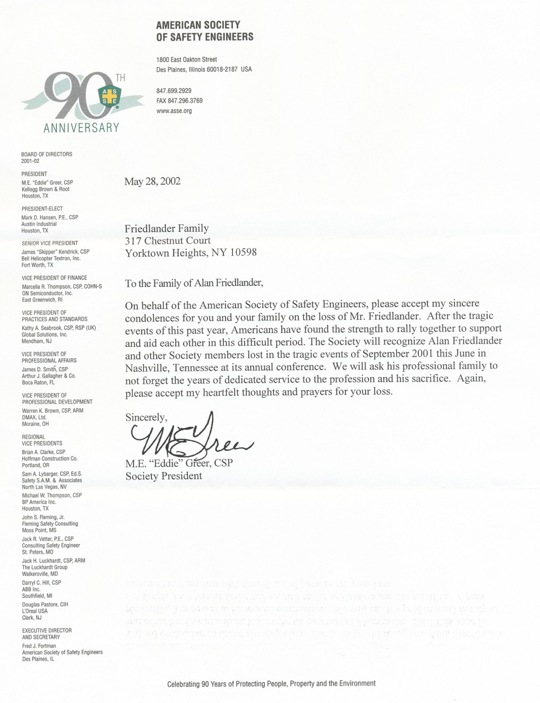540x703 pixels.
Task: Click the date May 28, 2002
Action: (x=152, y=182)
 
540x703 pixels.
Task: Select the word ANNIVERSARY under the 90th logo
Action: (x=81, y=128)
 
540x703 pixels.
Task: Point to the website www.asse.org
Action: (x=174, y=111)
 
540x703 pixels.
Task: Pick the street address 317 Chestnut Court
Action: (x=168, y=240)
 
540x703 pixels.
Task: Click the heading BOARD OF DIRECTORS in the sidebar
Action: (x=46, y=155)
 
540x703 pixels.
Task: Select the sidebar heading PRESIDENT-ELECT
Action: (x=42, y=209)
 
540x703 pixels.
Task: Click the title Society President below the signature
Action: (x=163, y=476)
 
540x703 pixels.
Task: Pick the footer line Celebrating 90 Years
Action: (x=271, y=684)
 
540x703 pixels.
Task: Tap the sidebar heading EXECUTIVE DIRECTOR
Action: (x=46, y=631)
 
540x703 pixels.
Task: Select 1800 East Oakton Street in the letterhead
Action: (x=186, y=59)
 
